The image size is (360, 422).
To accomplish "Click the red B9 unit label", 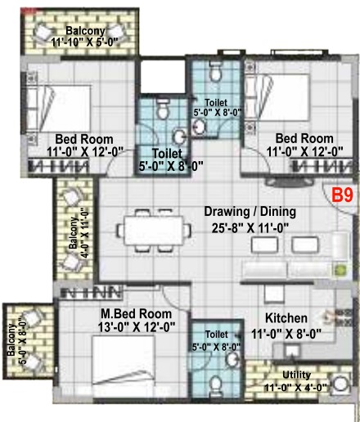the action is click(x=343, y=195).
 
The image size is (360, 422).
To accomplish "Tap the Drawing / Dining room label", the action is click(x=250, y=212).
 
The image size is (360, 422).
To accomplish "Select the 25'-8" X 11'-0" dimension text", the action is click(x=250, y=228).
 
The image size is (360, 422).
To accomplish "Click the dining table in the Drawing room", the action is click(x=154, y=231).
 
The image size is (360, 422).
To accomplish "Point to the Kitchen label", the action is click(x=286, y=318).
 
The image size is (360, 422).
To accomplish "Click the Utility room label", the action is click(x=296, y=375).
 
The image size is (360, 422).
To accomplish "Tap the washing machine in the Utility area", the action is click(x=340, y=384).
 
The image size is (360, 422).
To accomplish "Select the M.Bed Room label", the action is click(x=136, y=314).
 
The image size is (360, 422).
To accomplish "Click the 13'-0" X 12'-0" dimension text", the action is click(x=137, y=327).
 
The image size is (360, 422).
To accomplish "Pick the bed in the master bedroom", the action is click(x=124, y=361).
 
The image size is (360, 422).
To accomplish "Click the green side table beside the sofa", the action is click(x=341, y=270).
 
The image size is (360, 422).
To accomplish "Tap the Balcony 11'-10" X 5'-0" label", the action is click(x=85, y=37).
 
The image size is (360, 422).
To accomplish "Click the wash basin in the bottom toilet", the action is click(x=232, y=360).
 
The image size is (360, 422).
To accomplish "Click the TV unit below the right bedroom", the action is click(x=289, y=182).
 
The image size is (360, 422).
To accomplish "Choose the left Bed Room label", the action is click(x=84, y=139).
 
